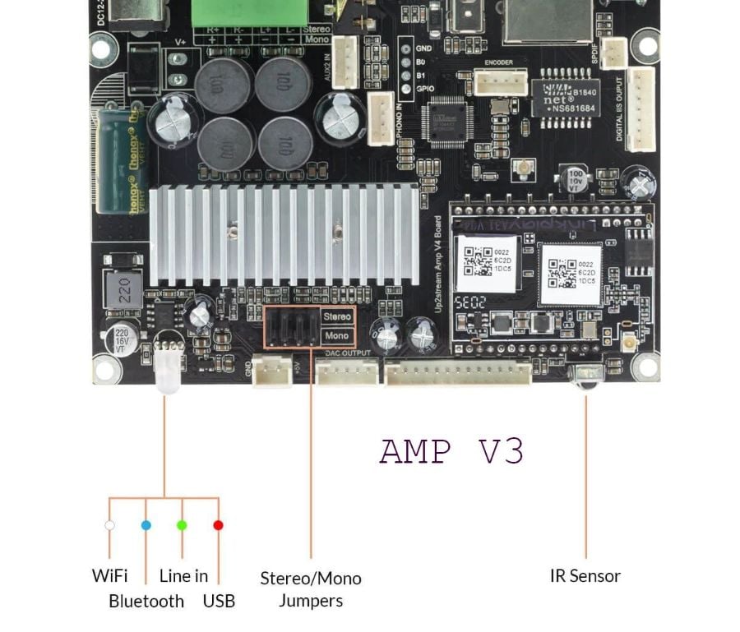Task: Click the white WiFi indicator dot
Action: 109,524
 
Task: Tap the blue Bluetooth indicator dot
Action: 146,524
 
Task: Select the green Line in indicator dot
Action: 182,524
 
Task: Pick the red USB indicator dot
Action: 218,524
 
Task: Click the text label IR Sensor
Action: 585,576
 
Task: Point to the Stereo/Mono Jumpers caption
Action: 311,589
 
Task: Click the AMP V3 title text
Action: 451,451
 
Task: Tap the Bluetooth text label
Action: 146,602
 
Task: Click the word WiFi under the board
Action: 109,576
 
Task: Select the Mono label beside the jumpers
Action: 337,336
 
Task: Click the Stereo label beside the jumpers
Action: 337,316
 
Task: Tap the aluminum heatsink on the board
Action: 284,234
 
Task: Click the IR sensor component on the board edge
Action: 585,376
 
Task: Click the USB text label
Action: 219,602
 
